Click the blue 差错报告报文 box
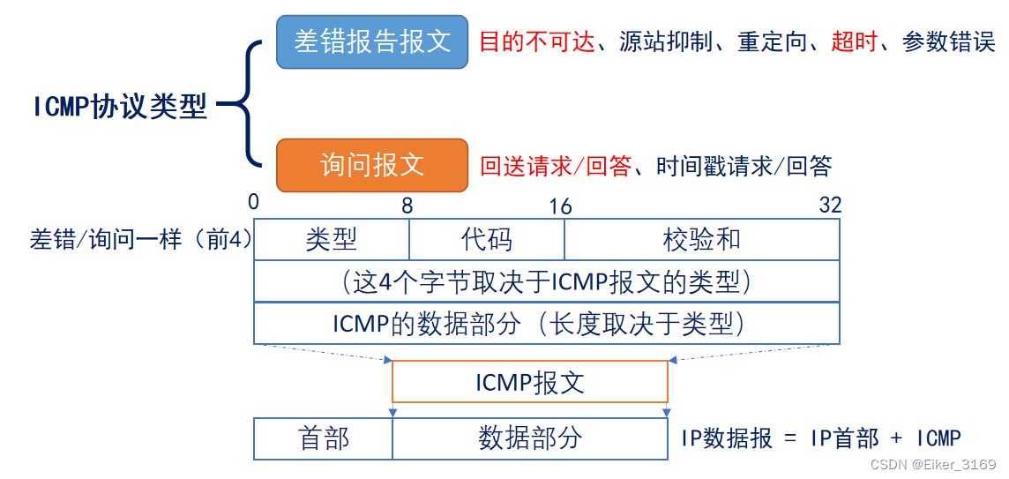coord(372,41)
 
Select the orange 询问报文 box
coord(372,165)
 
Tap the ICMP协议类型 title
coord(121,106)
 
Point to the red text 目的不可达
coord(537,42)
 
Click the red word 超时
coord(855,42)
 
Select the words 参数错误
coord(948,42)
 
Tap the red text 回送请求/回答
coord(556,166)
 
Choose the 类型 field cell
coord(332,239)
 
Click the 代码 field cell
coord(487,239)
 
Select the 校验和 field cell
coord(702,239)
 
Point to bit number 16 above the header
coord(560,206)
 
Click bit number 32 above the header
coord(830,206)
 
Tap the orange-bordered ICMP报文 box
coord(530,382)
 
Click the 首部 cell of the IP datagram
coord(324,438)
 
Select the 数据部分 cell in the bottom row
coord(530,438)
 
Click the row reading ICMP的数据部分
coord(547,324)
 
